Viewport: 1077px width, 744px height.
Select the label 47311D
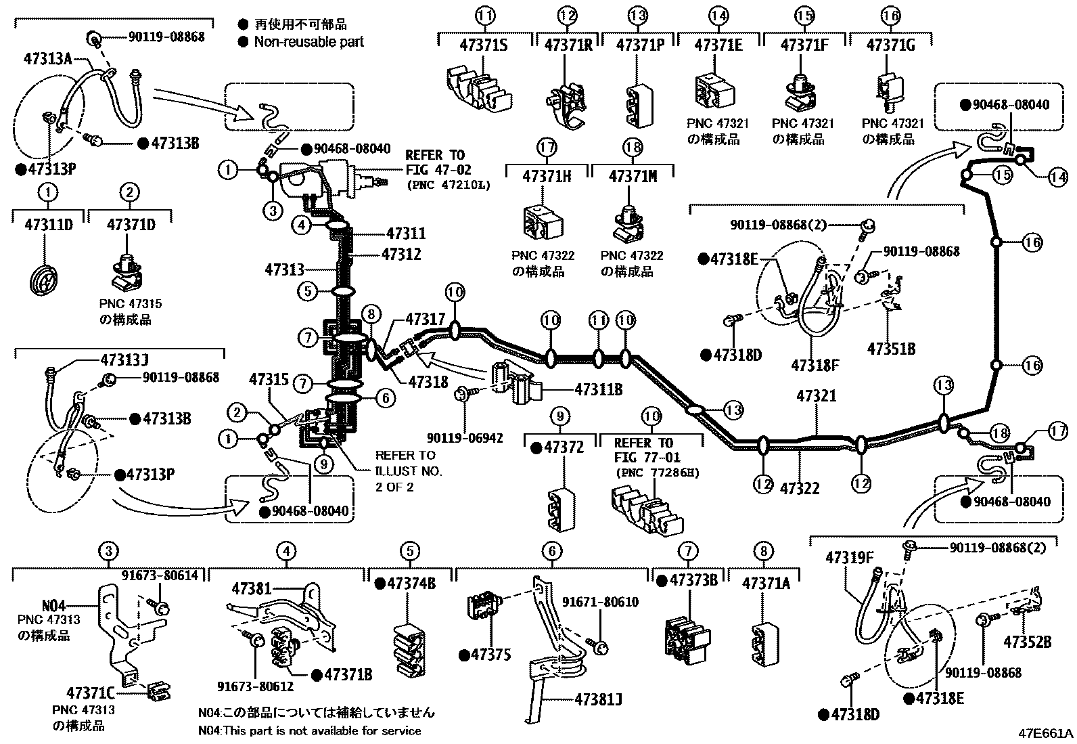click(x=48, y=225)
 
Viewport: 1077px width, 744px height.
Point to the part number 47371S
click(x=484, y=45)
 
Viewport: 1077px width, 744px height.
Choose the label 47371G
click(x=890, y=45)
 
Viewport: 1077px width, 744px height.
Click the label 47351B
click(x=892, y=349)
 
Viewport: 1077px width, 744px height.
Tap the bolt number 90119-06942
click(x=464, y=438)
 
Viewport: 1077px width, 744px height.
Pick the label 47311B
click(x=599, y=389)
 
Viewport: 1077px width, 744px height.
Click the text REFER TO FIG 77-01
click(x=648, y=450)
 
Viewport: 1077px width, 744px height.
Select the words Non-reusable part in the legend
click(x=308, y=42)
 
